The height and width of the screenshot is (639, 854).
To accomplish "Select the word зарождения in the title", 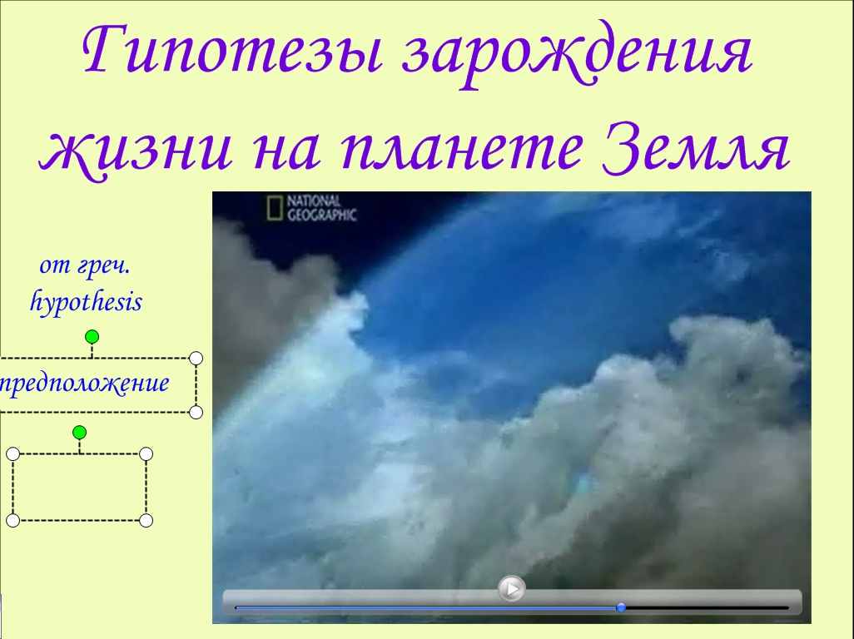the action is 578,54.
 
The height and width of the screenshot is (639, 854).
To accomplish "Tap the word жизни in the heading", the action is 137,151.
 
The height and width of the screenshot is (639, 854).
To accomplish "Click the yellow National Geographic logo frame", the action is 275,208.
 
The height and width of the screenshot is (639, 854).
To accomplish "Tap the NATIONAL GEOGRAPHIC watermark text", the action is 321,208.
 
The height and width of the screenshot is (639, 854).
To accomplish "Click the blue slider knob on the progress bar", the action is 620,607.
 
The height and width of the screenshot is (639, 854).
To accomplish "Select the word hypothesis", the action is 86,302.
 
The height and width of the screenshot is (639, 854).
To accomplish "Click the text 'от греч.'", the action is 85,265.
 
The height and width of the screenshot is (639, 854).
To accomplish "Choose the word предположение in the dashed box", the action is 84,384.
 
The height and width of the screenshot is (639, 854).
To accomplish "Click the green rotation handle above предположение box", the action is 92,337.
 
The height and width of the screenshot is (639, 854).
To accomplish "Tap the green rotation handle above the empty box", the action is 80,433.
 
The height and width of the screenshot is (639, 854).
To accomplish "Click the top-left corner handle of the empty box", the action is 13,454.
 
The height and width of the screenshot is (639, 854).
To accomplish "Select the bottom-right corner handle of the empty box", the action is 146,521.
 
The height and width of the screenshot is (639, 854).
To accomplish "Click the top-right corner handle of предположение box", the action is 196,358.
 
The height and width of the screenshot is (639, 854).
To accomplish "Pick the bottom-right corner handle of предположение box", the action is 196,412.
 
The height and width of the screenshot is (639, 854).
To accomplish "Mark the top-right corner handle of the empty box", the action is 146,454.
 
